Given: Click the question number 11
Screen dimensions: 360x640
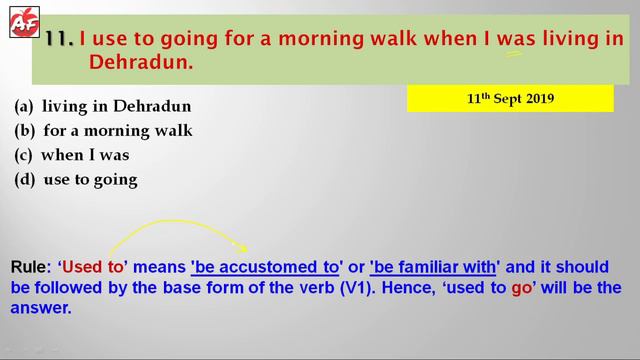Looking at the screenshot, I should pos(59,39).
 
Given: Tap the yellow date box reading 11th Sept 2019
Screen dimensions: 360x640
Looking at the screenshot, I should pos(510,99).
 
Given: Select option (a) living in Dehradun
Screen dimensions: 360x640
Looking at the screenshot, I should pos(102,106).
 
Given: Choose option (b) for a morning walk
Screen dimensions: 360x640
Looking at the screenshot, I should pos(103,131).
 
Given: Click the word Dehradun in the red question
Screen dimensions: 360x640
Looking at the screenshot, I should pos(140,62).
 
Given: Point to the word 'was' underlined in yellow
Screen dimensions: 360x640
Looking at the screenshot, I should pos(513,40).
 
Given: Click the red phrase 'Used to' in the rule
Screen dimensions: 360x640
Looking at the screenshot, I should pos(93,267).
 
